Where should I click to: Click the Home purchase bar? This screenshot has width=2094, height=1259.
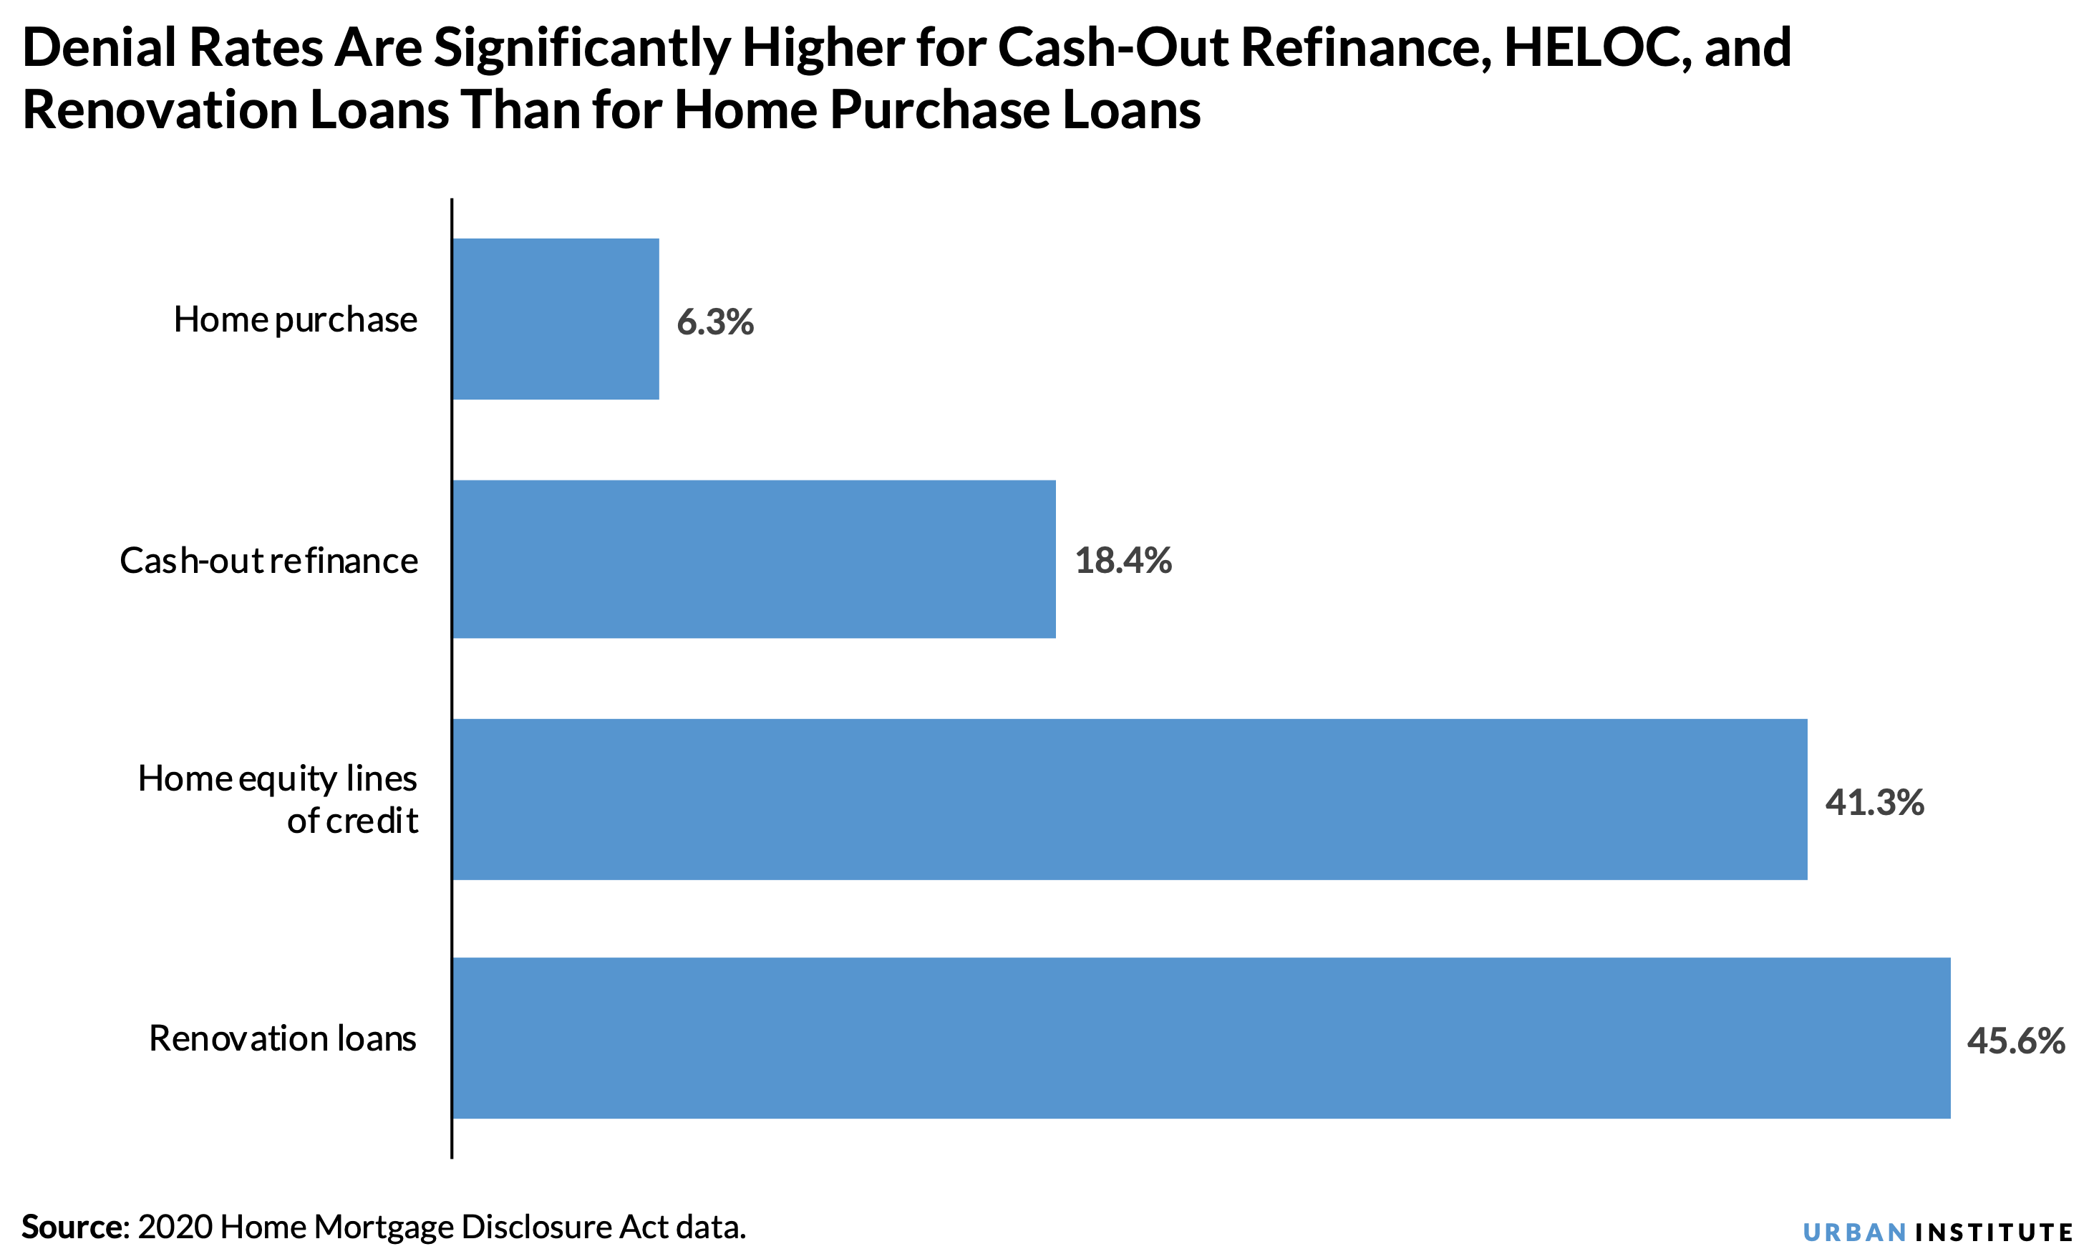tap(556, 319)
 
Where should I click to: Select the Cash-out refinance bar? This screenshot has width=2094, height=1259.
tap(754, 559)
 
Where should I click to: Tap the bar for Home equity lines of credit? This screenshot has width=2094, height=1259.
tap(1130, 799)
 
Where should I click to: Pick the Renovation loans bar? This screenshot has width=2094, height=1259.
tap(1201, 1038)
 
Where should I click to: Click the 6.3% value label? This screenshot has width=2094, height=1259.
tap(715, 322)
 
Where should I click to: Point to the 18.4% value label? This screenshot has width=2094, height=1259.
tap(1123, 561)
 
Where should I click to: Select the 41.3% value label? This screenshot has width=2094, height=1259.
tap(1874, 801)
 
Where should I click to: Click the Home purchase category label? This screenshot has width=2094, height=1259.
tap(295, 320)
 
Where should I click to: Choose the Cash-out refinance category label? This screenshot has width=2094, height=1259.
tap(269, 561)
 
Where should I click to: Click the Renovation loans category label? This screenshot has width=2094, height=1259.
tap(283, 1038)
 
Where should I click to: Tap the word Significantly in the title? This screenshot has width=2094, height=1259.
tap(582, 49)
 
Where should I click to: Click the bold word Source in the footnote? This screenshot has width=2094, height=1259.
tap(73, 1227)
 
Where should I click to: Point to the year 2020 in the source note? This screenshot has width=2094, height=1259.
tap(175, 1227)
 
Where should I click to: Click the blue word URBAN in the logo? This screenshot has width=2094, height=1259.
tap(1855, 1232)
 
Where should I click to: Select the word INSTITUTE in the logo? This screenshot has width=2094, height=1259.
tap(1994, 1232)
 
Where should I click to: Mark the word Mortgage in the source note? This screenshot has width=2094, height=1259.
tap(383, 1227)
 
